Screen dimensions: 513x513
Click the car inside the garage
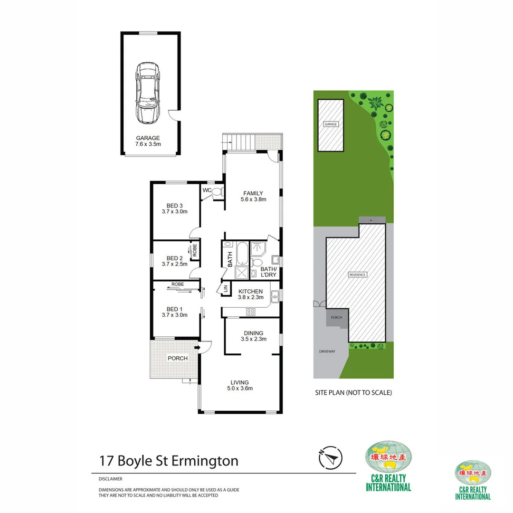click(147, 92)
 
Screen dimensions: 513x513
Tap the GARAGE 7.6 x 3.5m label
click(148, 141)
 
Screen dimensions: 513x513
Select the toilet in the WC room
click(217, 192)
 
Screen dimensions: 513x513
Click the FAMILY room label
click(253, 196)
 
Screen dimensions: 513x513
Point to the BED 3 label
click(175, 209)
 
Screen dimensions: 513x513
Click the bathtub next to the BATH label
click(242, 253)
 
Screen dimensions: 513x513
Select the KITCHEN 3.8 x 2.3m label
click(250, 294)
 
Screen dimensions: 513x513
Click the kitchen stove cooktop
click(250, 312)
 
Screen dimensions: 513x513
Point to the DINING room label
click(253, 336)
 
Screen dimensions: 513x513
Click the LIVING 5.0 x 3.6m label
click(240, 385)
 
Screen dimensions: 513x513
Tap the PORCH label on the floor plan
click(178, 358)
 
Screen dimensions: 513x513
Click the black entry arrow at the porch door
click(197, 349)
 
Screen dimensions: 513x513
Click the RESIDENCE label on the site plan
click(358, 275)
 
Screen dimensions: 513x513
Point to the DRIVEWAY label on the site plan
click(327, 351)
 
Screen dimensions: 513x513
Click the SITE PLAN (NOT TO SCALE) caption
click(353, 393)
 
